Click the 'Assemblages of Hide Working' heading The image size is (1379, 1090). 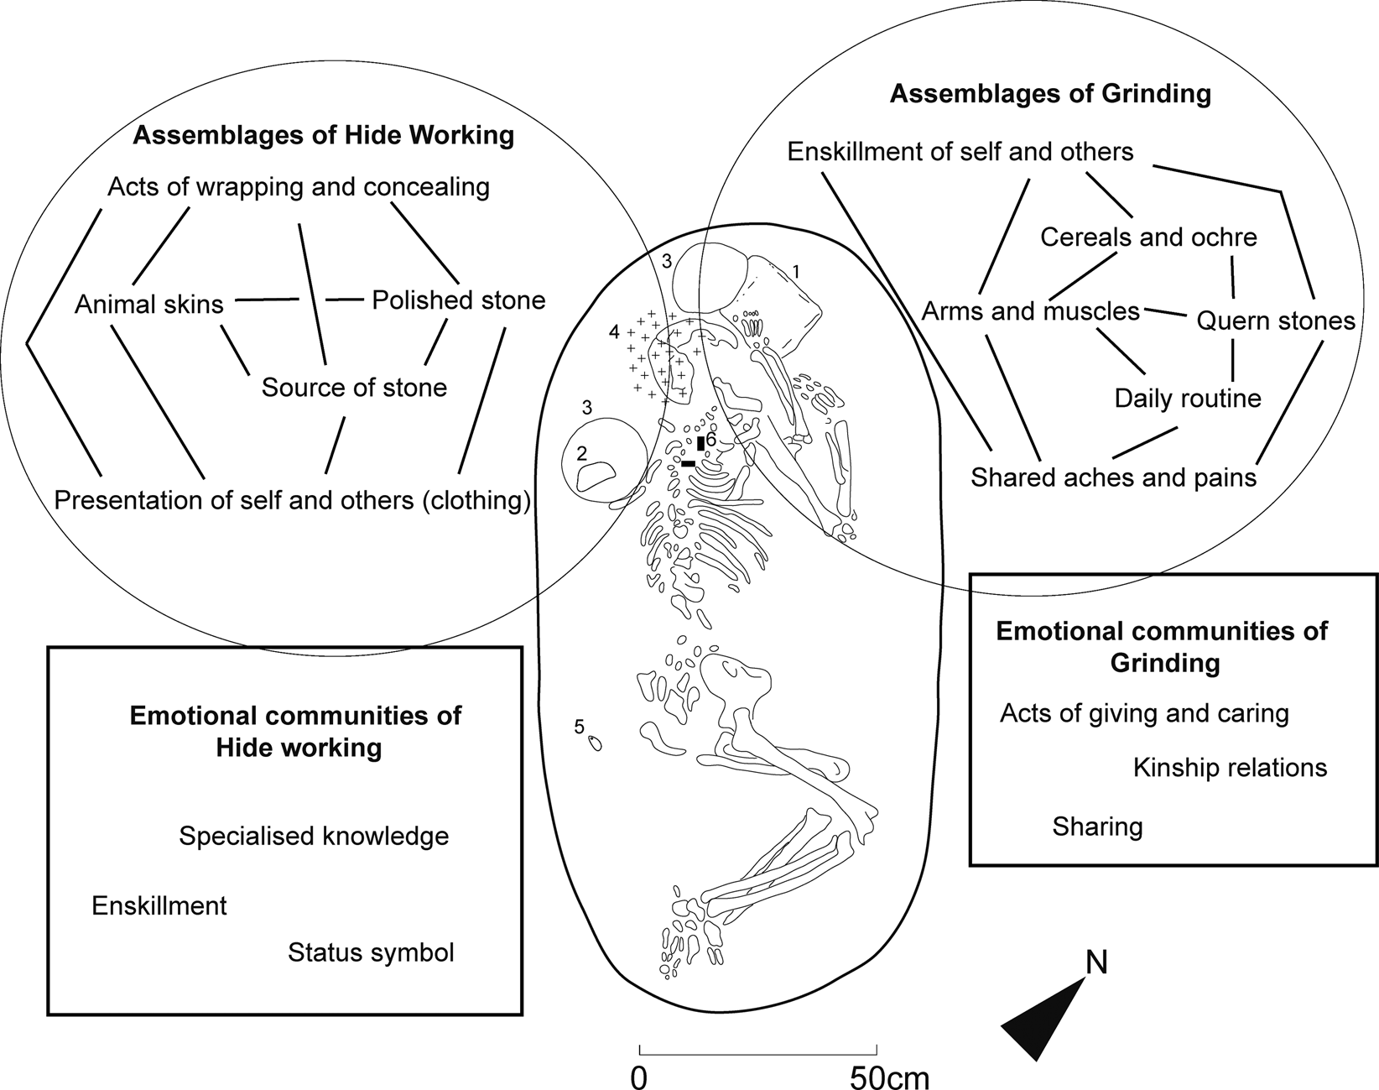323,135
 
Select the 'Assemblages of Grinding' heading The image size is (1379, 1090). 1050,93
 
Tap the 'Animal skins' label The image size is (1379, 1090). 149,304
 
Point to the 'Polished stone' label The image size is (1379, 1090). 458,300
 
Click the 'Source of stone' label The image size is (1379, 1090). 354,387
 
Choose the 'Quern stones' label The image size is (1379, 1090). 1275,320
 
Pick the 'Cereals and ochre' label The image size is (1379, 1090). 1148,237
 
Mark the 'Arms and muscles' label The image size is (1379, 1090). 1030,311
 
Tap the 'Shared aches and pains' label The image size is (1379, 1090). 1113,477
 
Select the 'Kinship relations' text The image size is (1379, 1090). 1230,768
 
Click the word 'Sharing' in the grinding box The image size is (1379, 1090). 1097,827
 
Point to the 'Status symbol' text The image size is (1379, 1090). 371,952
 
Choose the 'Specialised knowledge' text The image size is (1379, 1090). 314,836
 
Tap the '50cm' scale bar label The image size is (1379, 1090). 889,1077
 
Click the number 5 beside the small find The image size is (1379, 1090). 579,727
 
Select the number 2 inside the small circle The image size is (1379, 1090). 581,454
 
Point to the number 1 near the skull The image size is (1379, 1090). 796,271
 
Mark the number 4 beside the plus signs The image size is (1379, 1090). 614,332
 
